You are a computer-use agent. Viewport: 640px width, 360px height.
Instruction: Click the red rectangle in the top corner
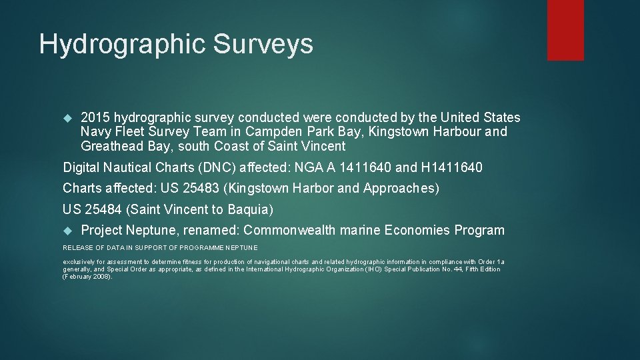click(x=565, y=30)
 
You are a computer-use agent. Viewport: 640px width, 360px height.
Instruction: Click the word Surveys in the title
click(x=263, y=44)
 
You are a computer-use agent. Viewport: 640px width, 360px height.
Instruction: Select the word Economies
click(x=413, y=231)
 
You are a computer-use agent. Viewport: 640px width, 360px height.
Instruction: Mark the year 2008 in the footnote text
click(x=100, y=276)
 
